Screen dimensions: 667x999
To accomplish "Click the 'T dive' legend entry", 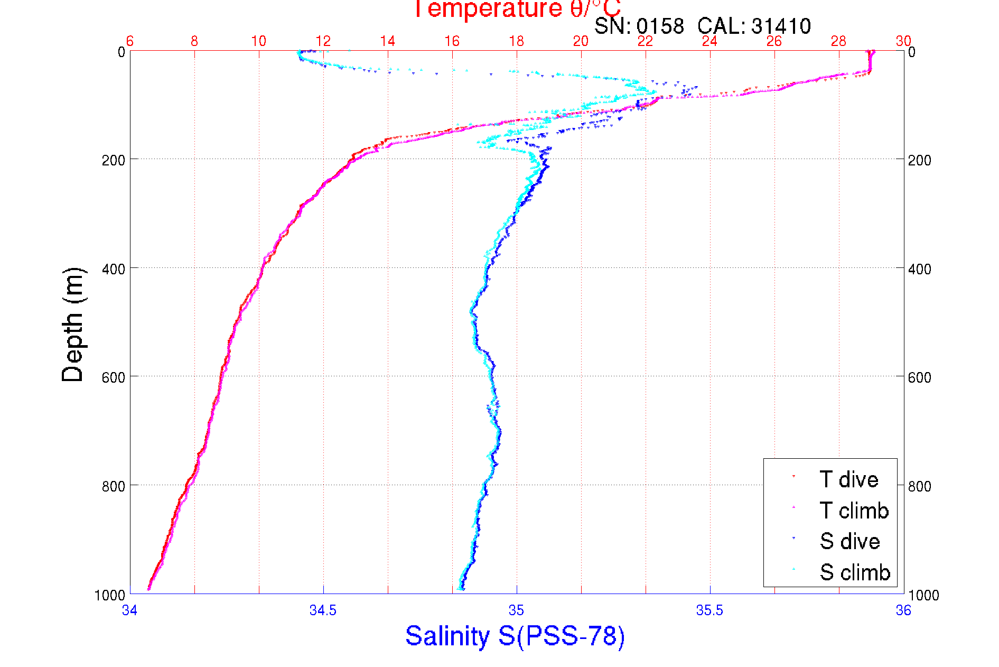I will pyautogui.click(x=848, y=479).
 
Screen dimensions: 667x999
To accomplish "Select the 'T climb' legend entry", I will pyautogui.click(x=854, y=511).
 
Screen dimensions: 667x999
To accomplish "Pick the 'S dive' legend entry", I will pyautogui.click(x=849, y=541).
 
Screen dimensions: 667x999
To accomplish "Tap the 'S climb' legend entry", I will pyautogui.click(x=854, y=572).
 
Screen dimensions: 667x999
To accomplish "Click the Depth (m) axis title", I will pyautogui.click(x=73, y=325).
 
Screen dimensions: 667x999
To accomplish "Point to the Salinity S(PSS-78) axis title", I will pyautogui.click(x=515, y=636).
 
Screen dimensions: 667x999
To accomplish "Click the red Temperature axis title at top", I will pyautogui.click(x=516, y=10).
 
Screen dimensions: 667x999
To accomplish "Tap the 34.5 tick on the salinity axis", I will pyautogui.click(x=323, y=610).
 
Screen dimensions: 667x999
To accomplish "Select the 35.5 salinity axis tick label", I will pyautogui.click(x=709, y=610).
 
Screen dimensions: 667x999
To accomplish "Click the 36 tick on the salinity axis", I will pyautogui.click(x=903, y=610).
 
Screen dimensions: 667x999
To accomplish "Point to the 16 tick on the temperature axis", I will pyautogui.click(x=452, y=41).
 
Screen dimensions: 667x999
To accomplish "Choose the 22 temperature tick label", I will pyautogui.click(x=645, y=41).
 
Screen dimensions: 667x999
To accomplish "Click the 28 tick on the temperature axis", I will pyautogui.click(x=838, y=41).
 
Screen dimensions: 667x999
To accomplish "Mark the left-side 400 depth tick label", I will pyautogui.click(x=113, y=269).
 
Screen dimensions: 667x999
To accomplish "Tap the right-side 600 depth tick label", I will pyautogui.click(x=919, y=377).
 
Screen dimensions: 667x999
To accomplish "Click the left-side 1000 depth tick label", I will pyautogui.click(x=110, y=595).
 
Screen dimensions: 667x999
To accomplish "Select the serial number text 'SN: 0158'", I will pyautogui.click(x=639, y=26).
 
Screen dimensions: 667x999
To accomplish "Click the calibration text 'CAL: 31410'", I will pyautogui.click(x=754, y=26).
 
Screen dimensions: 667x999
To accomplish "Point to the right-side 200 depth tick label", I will pyautogui.click(x=919, y=160).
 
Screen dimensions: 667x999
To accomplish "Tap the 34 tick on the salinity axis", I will pyautogui.click(x=130, y=610).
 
